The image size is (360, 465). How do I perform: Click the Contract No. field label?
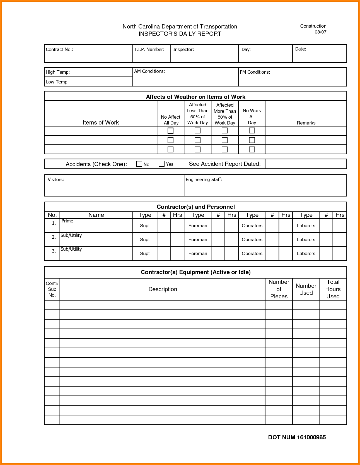pyautogui.click(x=59, y=50)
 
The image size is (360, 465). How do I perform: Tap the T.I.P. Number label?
pyautogui.click(x=149, y=50)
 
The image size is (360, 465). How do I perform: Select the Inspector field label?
pyautogui.click(x=183, y=50)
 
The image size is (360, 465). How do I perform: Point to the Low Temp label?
pyautogui.click(x=57, y=82)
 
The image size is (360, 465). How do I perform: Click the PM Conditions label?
pyautogui.click(x=255, y=72)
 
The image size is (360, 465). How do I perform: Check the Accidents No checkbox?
pyautogui.click(x=139, y=164)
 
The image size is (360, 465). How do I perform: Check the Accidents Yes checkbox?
pyautogui.click(x=161, y=164)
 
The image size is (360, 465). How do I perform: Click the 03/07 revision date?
pyautogui.click(x=320, y=32)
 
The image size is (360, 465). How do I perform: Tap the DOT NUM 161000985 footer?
pyautogui.click(x=297, y=437)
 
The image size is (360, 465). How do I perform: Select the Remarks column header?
pyautogui.click(x=306, y=123)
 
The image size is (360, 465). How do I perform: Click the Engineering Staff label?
pyautogui.click(x=204, y=179)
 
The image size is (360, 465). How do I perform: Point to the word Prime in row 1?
pyautogui.click(x=67, y=221)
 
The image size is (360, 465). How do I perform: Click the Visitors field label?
pyautogui.click(x=56, y=179)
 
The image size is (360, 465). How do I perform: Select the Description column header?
pyautogui.click(x=163, y=289)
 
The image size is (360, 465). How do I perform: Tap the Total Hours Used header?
pyautogui.click(x=333, y=289)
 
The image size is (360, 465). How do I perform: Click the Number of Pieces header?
pyautogui.click(x=279, y=289)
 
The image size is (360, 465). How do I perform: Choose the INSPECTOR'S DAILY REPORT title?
pyautogui.click(x=180, y=34)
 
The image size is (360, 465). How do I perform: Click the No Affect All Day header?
pyautogui.click(x=170, y=120)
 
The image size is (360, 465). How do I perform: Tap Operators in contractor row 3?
pyautogui.click(x=252, y=253)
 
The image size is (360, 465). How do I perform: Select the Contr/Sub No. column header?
pyautogui.click(x=52, y=289)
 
